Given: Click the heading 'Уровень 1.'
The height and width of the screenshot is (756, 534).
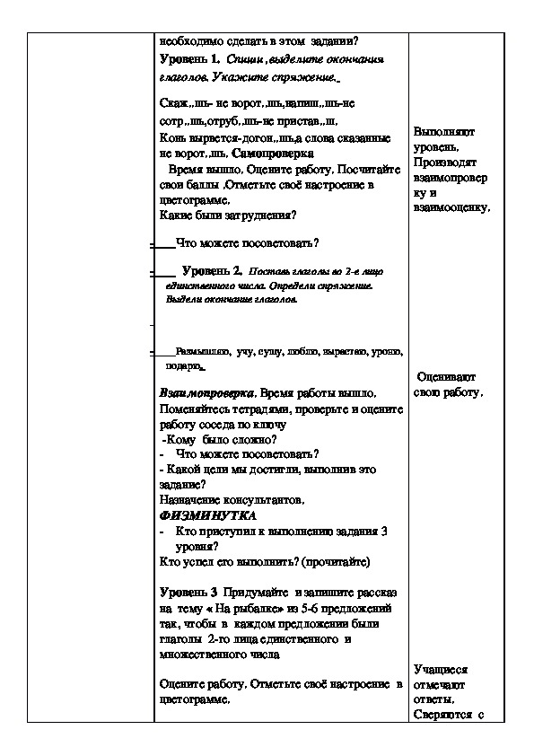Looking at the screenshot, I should [189, 58].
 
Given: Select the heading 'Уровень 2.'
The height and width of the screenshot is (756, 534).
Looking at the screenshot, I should [212, 270].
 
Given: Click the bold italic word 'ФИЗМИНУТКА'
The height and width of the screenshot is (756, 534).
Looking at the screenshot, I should [207, 516].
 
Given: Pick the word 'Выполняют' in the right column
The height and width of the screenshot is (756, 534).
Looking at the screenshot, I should [444, 132].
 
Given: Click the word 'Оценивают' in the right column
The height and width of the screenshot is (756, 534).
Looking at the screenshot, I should [447, 378].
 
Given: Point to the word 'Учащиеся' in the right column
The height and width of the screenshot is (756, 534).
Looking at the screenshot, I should [442, 670].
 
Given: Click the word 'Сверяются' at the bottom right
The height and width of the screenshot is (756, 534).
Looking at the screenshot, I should [443, 716].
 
